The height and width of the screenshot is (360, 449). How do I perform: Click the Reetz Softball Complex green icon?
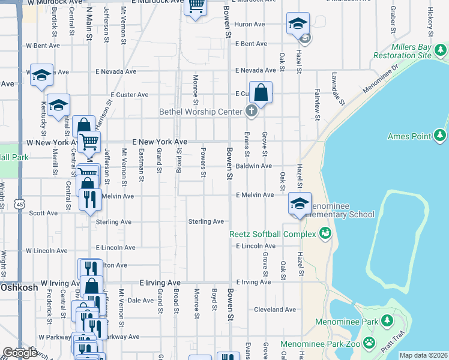pyautogui.click(x=326, y=233)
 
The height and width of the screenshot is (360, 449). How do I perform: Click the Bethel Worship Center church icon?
pyautogui.click(x=251, y=111)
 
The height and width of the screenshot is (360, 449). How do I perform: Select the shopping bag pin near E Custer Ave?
pyautogui.click(x=261, y=93)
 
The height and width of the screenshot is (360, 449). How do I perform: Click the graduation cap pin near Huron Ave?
pyautogui.click(x=297, y=25)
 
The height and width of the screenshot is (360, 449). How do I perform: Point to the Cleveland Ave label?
pyautogui.click(x=276, y=310)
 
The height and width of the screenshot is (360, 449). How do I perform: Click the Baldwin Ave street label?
pyautogui.click(x=254, y=166)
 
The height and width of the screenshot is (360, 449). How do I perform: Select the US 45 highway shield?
pyautogui.click(x=20, y=205)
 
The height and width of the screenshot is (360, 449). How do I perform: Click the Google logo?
pyautogui.click(x=20, y=353)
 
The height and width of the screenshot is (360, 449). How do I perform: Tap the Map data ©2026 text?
pyautogui.click(x=423, y=355)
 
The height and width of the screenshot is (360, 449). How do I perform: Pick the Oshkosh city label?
pyautogui.click(x=19, y=287)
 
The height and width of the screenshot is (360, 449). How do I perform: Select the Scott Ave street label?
pyautogui.click(x=43, y=213)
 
